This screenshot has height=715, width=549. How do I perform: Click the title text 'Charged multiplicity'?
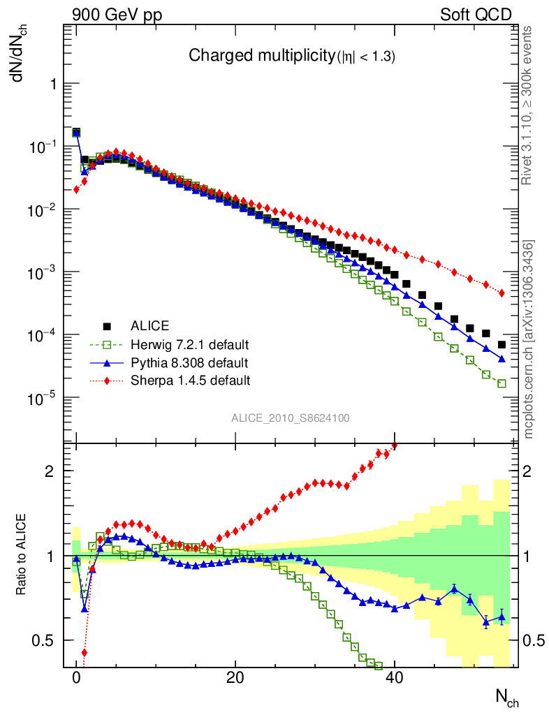(261, 57)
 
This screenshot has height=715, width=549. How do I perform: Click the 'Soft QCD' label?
(475, 15)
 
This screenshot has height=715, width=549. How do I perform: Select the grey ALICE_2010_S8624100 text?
(291, 418)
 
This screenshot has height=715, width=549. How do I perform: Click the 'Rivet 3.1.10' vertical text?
(528, 105)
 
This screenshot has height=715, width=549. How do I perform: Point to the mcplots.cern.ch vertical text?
(528, 339)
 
